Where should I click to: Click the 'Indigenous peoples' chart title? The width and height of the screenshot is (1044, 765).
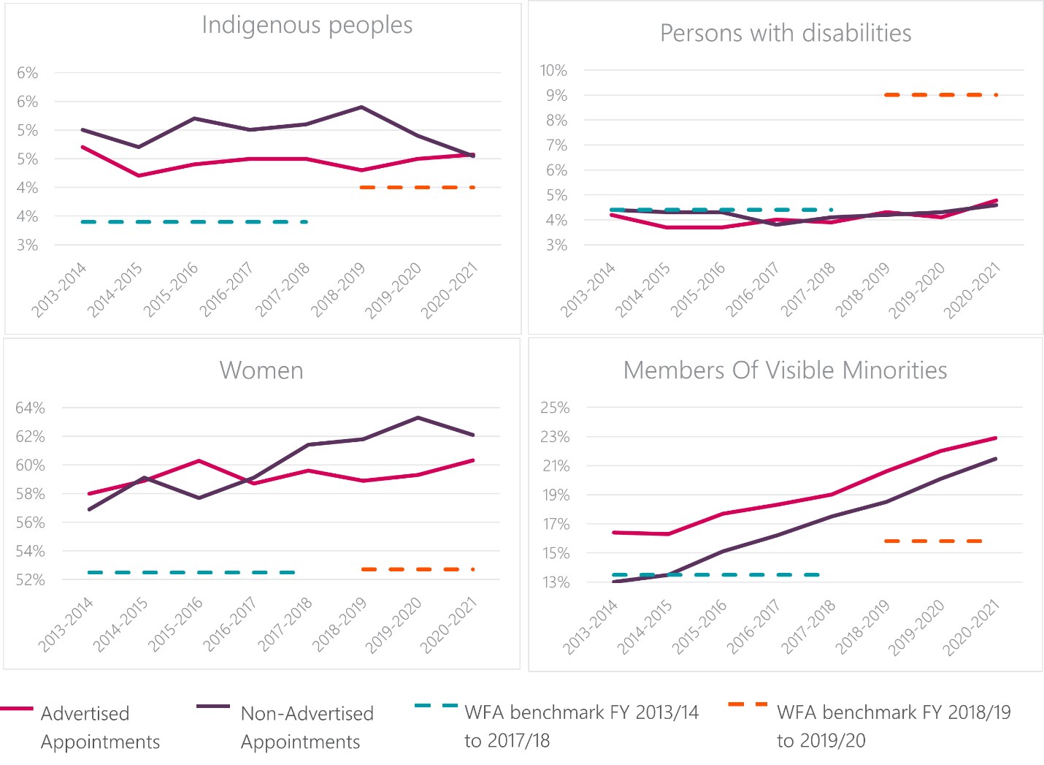[307, 26]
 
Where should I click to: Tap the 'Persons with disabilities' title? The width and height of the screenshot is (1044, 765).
[786, 34]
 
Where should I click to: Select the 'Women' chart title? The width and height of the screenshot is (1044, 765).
[261, 370]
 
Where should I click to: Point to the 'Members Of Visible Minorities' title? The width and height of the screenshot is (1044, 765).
[785, 370]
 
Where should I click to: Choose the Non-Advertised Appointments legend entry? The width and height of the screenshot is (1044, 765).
[307, 727]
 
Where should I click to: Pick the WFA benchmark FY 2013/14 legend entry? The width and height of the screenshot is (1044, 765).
[581, 726]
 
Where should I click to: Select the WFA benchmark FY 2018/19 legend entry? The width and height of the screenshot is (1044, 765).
[894, 726]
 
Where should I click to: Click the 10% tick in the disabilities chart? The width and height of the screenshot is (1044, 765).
[553, 71]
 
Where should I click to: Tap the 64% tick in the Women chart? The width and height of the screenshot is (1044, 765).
[30, 408]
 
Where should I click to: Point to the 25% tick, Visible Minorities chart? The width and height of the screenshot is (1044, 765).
[555, 408]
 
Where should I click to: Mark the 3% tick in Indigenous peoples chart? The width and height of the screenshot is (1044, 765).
[28, 246]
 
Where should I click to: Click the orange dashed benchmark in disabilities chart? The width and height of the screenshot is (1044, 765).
[941, 95]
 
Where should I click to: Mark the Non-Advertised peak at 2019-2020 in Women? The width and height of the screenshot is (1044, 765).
[418, 418]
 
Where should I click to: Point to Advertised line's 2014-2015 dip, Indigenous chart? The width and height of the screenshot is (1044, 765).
[139, 175]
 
